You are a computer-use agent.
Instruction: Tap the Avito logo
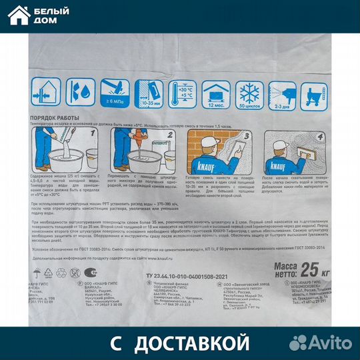click(323, 343)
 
